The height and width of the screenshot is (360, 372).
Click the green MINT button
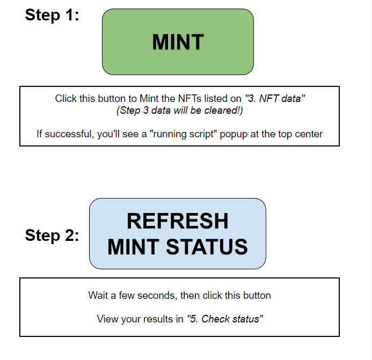point(178,42)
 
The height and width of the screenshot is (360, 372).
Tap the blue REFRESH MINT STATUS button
point(178,233)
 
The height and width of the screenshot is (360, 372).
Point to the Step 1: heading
point(52,14)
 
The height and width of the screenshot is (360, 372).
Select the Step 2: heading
point(52,235)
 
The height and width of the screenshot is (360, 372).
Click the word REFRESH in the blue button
point(178,221)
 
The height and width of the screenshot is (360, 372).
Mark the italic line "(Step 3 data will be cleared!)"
point(179,111)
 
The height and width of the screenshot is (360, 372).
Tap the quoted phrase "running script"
point(183,134)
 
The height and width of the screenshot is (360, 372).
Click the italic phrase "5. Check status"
point(224,319)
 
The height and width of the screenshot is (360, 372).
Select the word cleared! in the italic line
point(225,111)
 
